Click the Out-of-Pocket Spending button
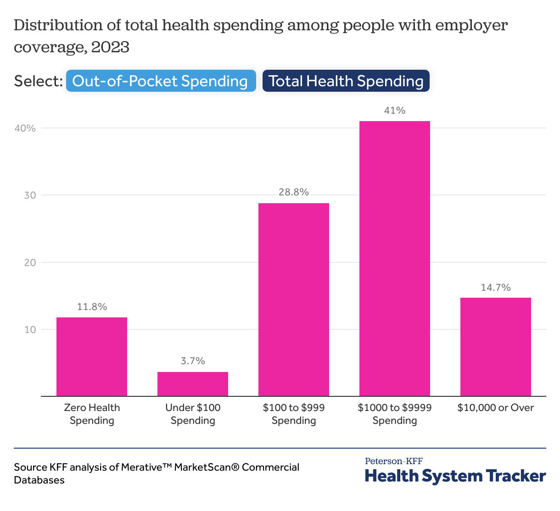[161, 81]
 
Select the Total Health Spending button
[346, 81]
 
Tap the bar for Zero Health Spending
[92, 356]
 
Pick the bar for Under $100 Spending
[193, 384]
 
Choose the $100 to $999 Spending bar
[294, 300]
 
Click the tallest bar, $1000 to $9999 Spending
[395, 258]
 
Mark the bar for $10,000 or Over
[496, 347]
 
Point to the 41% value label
[395, 111]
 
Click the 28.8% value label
[294, 192]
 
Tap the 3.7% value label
[193, 361]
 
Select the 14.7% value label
[496, 288]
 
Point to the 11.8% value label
[92, 307]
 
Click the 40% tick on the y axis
[25, 128]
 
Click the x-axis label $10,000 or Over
[496, 408]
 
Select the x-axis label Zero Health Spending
[92, 414]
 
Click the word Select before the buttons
[38, 81]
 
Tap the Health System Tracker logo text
[455, 476]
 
